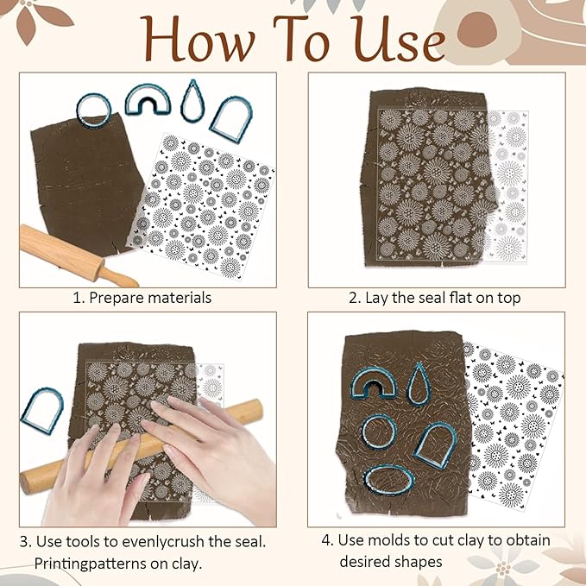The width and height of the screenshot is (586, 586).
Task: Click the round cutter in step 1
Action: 93,108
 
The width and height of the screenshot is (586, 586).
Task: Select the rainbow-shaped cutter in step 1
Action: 148,99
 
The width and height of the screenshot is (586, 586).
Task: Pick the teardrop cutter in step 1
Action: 193,101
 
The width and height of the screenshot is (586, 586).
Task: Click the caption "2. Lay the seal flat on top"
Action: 434,298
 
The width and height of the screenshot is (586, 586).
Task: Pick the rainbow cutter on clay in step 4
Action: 374,384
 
